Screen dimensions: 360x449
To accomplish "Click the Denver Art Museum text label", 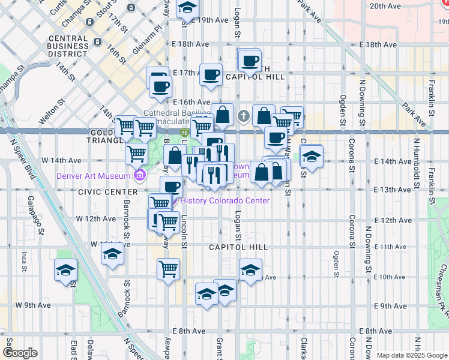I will [x=93, y=176].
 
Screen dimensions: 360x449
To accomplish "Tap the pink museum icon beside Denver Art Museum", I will [x=140, y=176].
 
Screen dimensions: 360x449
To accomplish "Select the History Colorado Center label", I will [x=224, y=200].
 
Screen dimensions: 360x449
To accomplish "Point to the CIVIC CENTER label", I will [x=107, y=191].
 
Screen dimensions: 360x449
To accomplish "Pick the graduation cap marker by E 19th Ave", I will [x=188, y=8].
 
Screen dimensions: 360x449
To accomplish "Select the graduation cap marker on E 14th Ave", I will [x=310, y=157].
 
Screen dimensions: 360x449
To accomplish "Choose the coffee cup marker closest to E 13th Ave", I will [x=171, y=186].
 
